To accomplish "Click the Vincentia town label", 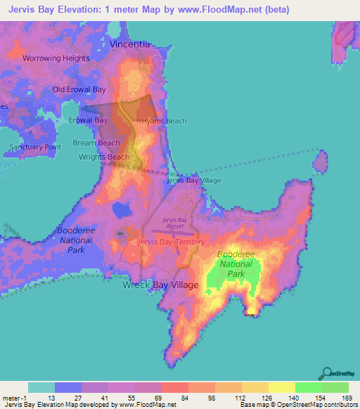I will pyautogui.click(x=129, y=44).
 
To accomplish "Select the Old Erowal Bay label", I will pyautogui.click(x=79, y=89).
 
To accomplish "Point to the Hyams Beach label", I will pyautogui.click(x=164, y=121).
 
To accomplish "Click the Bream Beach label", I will pyautogui.click(x=96, y=143).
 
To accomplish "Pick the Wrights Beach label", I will pyautogui.click(x=104, y=157).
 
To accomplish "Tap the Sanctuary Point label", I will pyautogui.click(x=35, y=147).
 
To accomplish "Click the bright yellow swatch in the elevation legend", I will pyautogui.click(x=281, y=387).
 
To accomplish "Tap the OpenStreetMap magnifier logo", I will pyautogui.click(x=328, y=372).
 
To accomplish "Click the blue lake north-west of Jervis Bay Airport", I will pyautogui.click(x=122, y=209).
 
